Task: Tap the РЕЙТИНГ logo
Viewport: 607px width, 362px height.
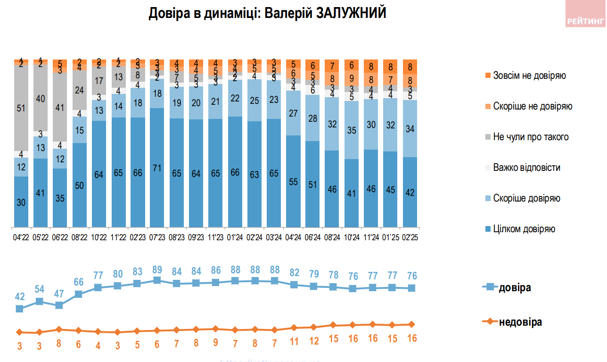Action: click(585, 21)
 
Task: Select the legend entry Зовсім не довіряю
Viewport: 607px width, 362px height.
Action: click(529, 76)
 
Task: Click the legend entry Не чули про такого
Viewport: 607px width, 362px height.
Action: click(531, 137)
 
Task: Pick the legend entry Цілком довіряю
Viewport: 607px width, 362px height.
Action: click(524, 229)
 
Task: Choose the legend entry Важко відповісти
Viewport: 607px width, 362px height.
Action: click(526, 168)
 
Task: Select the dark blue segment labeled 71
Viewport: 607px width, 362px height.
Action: click(157, 168)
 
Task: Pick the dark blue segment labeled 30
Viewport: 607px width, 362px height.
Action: click(21, 202)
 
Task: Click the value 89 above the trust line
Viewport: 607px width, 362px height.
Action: click(157, 270)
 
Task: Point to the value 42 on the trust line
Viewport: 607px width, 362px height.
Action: click(20, 296)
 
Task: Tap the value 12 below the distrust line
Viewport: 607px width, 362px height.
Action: click(313, 338)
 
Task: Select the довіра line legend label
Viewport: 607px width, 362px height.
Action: click(515, 287)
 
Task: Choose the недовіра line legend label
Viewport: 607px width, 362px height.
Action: click(520, 322)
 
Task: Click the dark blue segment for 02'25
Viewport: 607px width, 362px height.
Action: click(410, 192)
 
